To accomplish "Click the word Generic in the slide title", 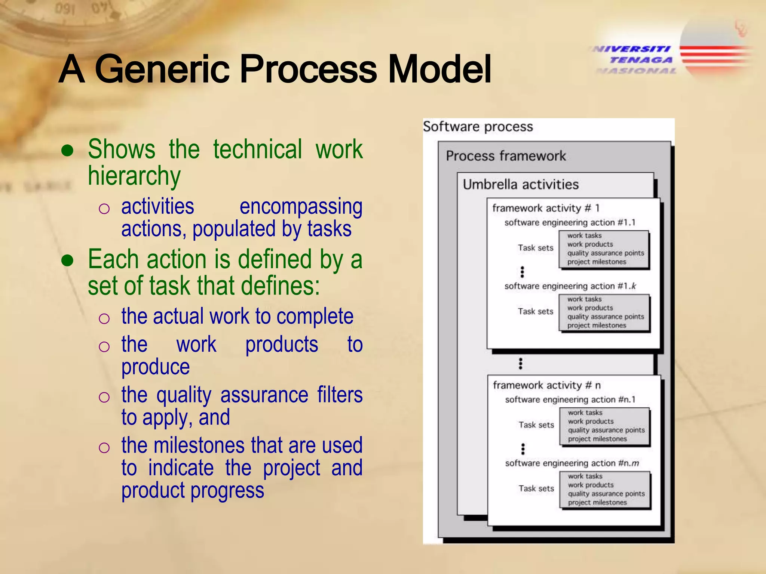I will pos(162,69).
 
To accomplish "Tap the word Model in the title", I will pos(439,69).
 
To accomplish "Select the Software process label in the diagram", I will pos(478,127).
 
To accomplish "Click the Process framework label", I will pos(506,156).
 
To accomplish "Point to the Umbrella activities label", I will pos(521,185).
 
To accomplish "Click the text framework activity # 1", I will pos(546,208).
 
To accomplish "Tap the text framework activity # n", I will pos(546,385).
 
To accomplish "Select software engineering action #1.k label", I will pos(570,286).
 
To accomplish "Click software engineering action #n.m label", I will pos(572,463).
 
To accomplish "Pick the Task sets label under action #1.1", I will pos(535,248).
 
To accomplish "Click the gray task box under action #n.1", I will pos(605,426).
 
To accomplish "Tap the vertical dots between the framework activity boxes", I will pos(520,363).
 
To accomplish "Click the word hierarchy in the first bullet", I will pos(134,176).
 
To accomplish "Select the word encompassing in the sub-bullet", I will pos(301,207).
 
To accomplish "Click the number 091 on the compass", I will pos(65,8).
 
